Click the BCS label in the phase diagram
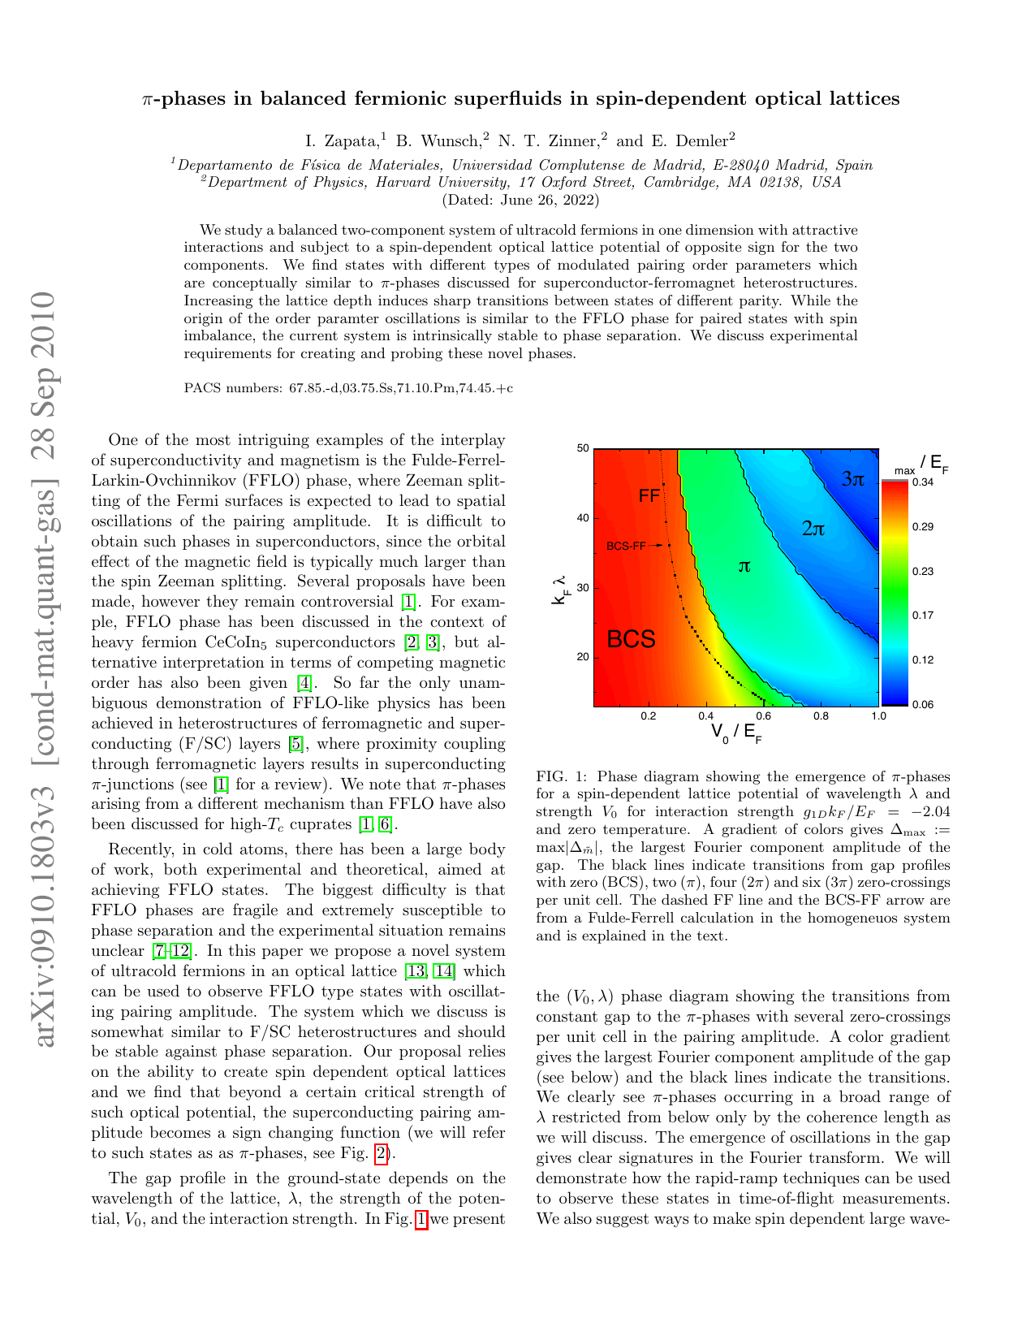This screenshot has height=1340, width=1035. [631, 639]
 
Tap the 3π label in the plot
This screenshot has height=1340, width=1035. [852, 479]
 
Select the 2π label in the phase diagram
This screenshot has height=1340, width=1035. [813, 530]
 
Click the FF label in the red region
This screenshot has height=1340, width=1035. [649, 495]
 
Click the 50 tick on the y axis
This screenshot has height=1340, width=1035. [582, 448]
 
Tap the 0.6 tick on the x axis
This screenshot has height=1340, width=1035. [763, 716]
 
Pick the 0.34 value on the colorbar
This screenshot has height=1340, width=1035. [922, 482]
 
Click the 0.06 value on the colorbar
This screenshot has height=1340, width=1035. [922, 704]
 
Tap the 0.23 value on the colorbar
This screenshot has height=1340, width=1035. [922, 571]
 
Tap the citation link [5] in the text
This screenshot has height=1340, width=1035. [297, 744]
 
